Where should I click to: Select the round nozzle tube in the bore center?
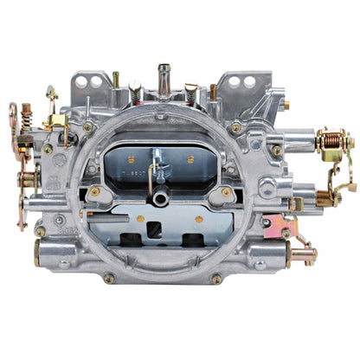161,198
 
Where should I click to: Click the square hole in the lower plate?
154,229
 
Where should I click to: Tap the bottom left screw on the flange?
109,279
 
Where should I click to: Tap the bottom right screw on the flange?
216,279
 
